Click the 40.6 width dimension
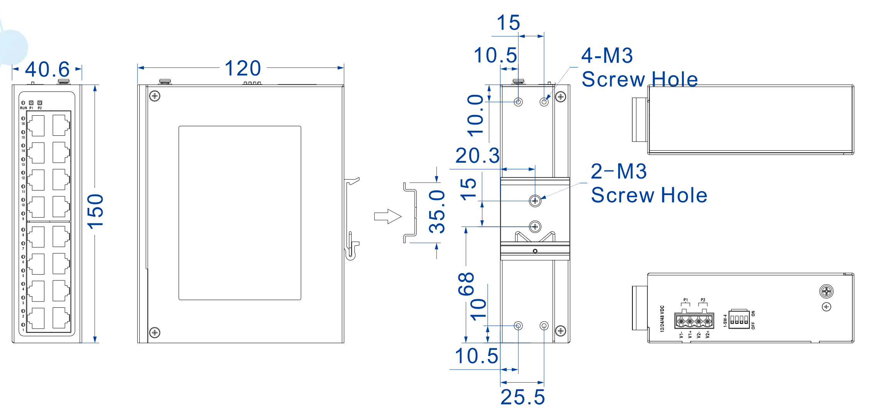pos(47,69)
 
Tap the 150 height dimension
pos(95,211)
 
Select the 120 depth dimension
pos(243,68)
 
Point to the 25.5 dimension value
pos(522,397)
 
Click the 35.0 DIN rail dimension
pos(437,211)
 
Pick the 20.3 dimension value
pos(477,156)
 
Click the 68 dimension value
pos(466,283)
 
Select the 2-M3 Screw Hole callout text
pos(648,183)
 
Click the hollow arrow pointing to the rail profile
pos(387,216)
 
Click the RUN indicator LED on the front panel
pos(23,103)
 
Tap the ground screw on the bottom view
pos(826,292)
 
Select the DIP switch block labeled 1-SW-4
pos(739,319)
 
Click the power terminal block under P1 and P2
pos(694,321)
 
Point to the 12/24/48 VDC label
pos(662,319)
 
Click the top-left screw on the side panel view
pos(155,96)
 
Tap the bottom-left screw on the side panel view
pos(155,332)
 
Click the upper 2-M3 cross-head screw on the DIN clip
pos(535,201)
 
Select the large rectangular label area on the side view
pos(240,213)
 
